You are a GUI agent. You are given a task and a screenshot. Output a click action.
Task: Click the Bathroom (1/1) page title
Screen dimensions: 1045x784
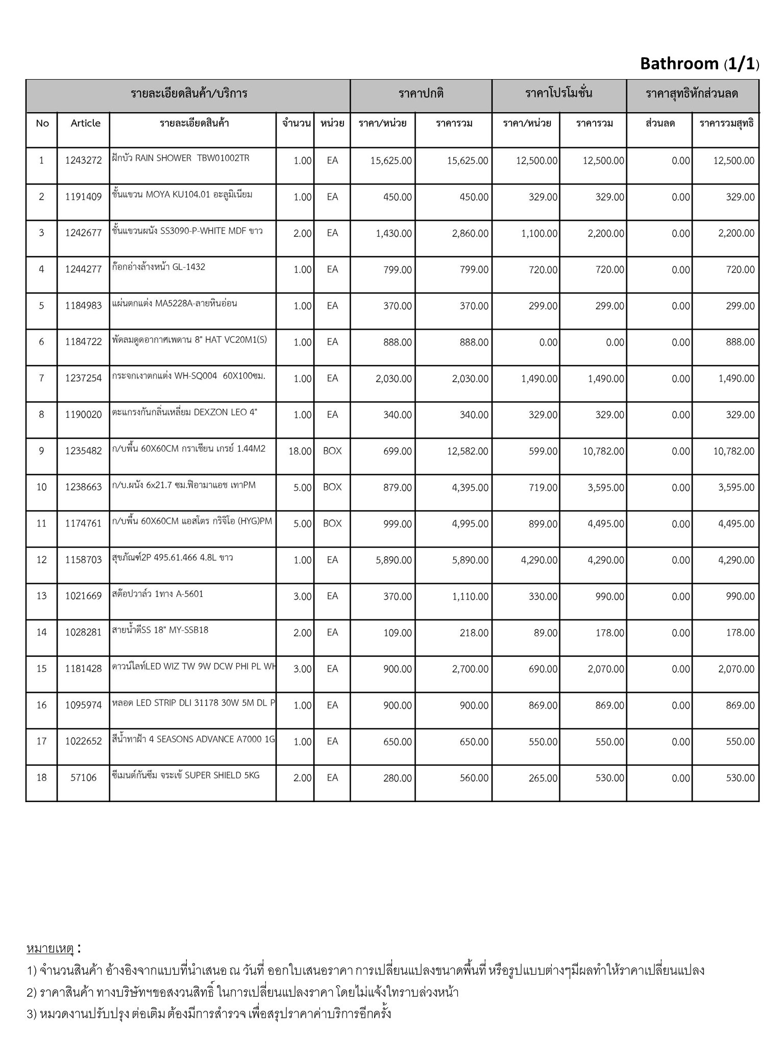point(699,64)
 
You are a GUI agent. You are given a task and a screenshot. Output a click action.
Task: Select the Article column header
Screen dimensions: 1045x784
point(85,123)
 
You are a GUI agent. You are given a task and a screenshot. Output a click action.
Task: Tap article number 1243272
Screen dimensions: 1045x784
point(83,161)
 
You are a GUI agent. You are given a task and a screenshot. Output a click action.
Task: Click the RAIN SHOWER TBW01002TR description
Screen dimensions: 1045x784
point(181,158)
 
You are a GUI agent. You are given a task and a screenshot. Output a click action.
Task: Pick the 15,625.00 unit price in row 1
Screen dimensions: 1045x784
point(391,161)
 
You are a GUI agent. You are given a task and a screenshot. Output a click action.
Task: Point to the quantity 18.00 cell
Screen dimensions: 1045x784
point(300,451)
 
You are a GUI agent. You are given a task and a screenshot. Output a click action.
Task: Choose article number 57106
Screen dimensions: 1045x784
point(83,778)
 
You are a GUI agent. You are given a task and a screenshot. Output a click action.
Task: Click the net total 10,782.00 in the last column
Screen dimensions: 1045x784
point(733,451)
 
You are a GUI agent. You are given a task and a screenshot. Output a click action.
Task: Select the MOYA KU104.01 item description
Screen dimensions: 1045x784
point(182,194)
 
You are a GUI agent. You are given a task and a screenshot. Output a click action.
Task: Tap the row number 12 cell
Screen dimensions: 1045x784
point(41,560)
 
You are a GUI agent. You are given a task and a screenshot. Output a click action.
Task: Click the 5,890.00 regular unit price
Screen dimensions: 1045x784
point(394,560)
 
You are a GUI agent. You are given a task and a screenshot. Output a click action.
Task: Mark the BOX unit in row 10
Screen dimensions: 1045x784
point(332,487)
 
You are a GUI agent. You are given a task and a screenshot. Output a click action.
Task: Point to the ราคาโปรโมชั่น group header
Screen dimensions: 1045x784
point(559,94)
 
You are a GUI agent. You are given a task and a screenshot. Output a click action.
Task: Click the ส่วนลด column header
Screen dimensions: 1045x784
point(660,123)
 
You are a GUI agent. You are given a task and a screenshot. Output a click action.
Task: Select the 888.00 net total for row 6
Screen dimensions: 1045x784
point(740,342)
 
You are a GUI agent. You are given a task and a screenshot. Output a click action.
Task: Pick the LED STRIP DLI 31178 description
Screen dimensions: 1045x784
point(193,703)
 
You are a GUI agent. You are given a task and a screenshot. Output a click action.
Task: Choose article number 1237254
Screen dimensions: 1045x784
point(83,379)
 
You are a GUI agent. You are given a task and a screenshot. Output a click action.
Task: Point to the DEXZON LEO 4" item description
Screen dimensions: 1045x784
point(184,412)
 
